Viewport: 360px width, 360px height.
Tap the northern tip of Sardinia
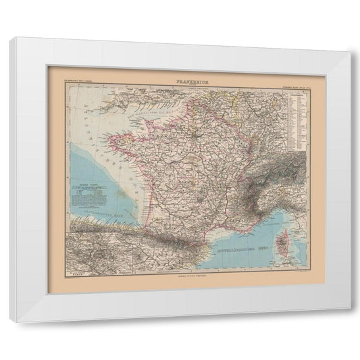click(x=288, y=267)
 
